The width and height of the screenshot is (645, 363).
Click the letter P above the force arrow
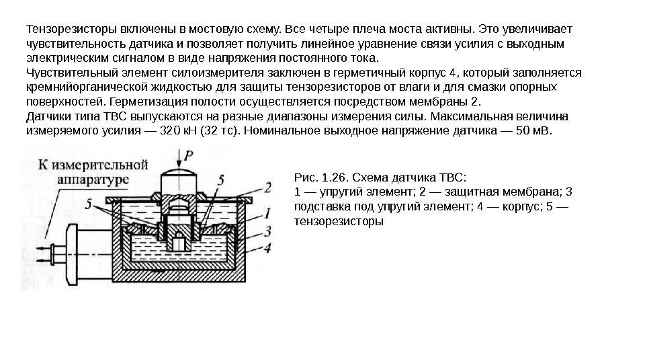[190, 154]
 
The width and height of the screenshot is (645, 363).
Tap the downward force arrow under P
[179, 161]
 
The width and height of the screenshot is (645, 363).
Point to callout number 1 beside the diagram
[268, 214]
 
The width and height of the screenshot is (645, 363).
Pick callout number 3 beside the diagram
[268, 232]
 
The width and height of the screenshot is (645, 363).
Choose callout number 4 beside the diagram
[268, 248]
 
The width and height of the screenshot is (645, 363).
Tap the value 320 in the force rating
[153, 131]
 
